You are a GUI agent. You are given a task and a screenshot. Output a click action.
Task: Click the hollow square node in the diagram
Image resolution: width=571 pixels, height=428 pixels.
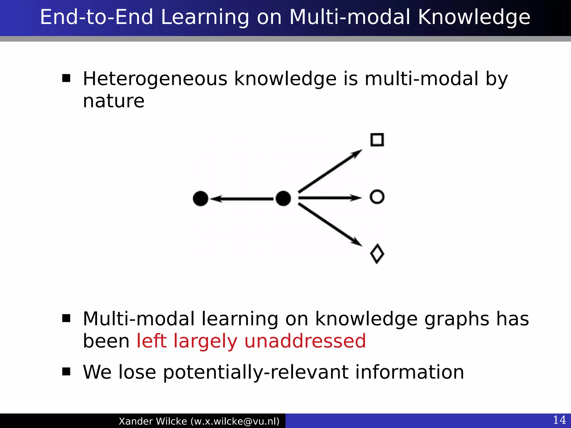377,140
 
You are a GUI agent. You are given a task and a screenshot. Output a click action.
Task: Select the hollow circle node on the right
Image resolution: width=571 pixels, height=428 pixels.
377,197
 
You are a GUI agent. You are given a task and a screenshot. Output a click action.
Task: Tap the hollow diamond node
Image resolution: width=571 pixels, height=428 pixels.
377,254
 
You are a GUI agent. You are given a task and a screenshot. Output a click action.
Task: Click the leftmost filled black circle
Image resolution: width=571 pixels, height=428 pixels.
200,198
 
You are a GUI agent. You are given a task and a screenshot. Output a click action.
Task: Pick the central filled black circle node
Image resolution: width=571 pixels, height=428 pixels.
283,198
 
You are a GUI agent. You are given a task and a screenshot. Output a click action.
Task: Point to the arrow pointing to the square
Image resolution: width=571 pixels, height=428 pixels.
330,171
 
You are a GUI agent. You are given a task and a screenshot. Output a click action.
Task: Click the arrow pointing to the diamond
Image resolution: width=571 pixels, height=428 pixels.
330,225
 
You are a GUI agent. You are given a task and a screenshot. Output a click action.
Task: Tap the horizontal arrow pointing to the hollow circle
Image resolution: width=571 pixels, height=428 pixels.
330,198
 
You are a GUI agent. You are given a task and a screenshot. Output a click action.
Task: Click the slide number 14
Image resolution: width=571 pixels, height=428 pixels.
559,420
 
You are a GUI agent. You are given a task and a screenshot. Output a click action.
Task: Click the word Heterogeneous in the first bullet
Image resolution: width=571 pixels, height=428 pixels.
155,79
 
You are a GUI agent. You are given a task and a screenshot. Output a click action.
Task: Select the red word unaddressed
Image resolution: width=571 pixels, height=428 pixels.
305,341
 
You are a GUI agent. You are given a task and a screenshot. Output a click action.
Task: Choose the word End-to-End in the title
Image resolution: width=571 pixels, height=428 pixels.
97,17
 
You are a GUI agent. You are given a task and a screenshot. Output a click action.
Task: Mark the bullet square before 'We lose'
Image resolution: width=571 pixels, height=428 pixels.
66,371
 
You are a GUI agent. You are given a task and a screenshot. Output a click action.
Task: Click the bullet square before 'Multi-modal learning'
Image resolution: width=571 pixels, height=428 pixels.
66,318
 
